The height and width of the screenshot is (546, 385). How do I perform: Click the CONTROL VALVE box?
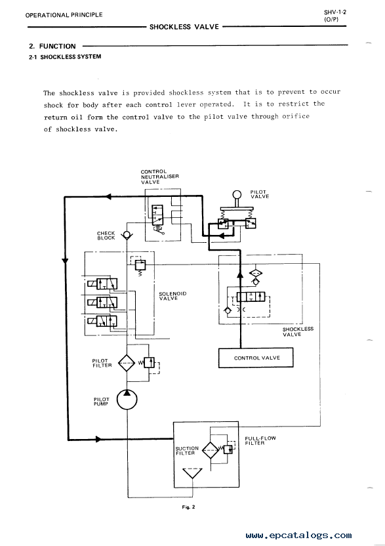(x=256, y=358)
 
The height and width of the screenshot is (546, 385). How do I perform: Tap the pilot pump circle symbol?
(x=127, y=400)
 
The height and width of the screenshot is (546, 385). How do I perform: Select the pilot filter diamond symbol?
(x=127, y=363)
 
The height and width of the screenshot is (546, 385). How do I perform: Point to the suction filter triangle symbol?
(x=192, y=474)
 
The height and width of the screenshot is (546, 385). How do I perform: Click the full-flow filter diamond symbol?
(x=211, y=450)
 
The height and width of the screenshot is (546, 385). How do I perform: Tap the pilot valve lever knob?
(x=237, y=194)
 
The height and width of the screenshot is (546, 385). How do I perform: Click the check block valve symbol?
(x=127, y=236)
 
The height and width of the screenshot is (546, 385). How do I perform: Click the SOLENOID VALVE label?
(x=172, y=296)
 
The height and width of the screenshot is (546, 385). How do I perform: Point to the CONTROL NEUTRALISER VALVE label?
(x=160, y=177)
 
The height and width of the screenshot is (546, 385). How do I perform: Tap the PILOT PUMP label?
(x=101, y=402)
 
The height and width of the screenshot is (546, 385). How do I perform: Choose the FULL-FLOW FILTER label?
(x=260, y=440)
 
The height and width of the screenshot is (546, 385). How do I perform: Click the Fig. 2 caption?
(x=188, y=507)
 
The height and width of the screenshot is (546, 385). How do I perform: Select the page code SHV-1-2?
(x=335, y=12)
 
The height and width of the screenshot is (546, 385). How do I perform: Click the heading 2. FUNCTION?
(x=52, y=47)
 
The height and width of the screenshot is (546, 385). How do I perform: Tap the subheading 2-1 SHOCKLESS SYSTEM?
(x=65, y=56)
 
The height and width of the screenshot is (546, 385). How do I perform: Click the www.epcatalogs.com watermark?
(x=298, y=535)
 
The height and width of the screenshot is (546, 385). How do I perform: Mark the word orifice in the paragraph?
(x=296, y=116)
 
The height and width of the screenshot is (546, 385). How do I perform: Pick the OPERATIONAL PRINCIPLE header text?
(x=64, y=15)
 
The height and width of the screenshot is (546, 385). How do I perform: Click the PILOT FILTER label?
(x=102, y=363)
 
